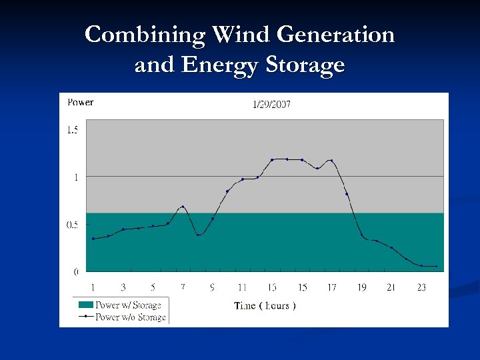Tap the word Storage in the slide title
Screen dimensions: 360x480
coord(305,65)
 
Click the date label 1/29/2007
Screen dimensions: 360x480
coord(271,104)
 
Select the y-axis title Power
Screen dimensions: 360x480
coord(81,103)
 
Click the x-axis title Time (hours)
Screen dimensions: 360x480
coord(265,305)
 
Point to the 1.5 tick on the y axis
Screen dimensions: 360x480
coord(72,130)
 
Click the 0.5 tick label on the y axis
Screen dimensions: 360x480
coord(72,225)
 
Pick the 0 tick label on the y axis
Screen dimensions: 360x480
coord(75,272)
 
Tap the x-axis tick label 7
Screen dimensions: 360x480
coord(183,287)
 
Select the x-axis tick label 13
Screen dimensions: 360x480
coord(273,287)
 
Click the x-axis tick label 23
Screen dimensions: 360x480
coord(421,287)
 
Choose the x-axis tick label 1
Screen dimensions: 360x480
coord(93,287)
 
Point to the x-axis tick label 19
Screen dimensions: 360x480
coord(361,287)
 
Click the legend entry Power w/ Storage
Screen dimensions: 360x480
coord(128,305)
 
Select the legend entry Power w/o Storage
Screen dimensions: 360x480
coord(130,317)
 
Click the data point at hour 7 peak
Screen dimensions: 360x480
coord(183,207)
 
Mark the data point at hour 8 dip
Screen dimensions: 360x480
coord(198,235)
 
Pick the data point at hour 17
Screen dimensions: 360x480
coord(331,161)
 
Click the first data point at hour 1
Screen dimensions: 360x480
coord(93,239)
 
